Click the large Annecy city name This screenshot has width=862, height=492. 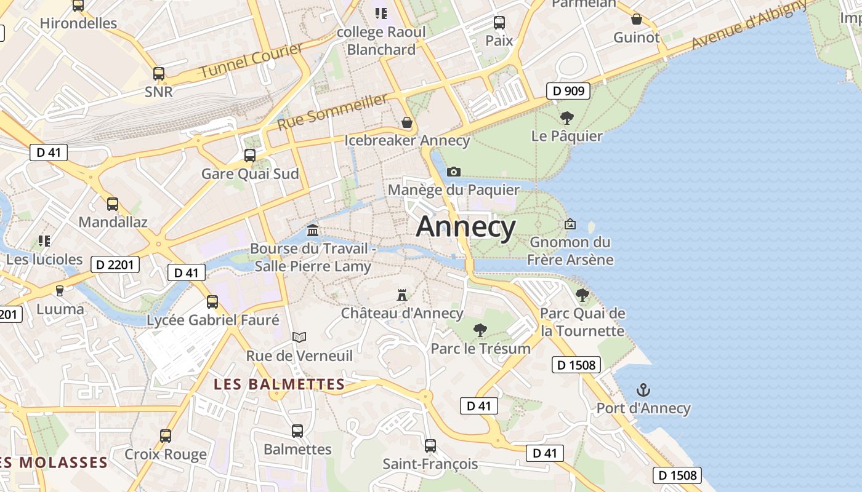click(x=465, y=227)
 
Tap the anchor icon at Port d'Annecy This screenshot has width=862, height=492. click(x=643, y=390)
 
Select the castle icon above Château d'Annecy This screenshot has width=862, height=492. click(x=402, y=295)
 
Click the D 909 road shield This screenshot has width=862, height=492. click(x=568, y=92)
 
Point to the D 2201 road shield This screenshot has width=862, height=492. click(x=115, y=265)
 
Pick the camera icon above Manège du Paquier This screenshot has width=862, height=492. click(x=454, y=172)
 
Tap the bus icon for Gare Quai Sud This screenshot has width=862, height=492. click(x=250, y=156)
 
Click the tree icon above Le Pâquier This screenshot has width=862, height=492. click(x=566, y=117)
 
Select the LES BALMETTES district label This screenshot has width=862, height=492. click(x=279, y=384)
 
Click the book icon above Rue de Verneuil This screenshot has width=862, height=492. click(x=299, y=337)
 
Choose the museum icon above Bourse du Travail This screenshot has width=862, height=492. click(x=313, y=231)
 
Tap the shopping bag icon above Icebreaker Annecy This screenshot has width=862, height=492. click(x=407, y=122)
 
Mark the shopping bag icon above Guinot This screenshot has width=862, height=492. click(x=637, y=19)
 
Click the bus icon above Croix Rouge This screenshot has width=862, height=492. click(x=166, y=436)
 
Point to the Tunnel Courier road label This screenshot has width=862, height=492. click(x=251, y=61)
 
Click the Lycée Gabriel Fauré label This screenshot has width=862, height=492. click(x=212, y=320)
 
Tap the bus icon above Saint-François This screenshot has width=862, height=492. click(x=430, y=445)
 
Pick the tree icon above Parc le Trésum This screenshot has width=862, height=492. click(x=480, y=330)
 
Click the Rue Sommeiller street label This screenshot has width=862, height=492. click(x=333, y=112)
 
